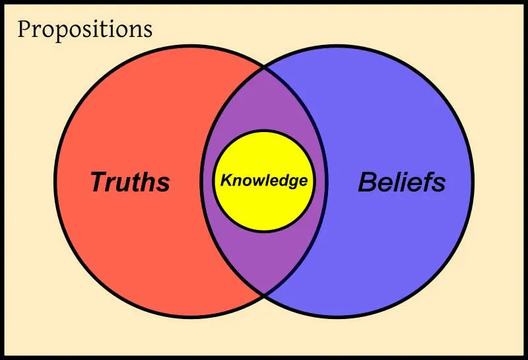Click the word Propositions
(x=85, y=30)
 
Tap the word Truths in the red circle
(x=130, y=182)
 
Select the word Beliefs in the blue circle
(x=402, y=182)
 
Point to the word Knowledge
(x=264, y=181)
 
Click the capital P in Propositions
(x=24, y=28)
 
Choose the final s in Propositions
(x=148, y=31)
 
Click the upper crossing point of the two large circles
(x=265, y=67)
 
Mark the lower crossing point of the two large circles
(x=265, y=295)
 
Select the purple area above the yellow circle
(x=265, y=101)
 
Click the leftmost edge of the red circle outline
(x=55, y=182)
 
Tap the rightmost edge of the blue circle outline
(x=473, y=182)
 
